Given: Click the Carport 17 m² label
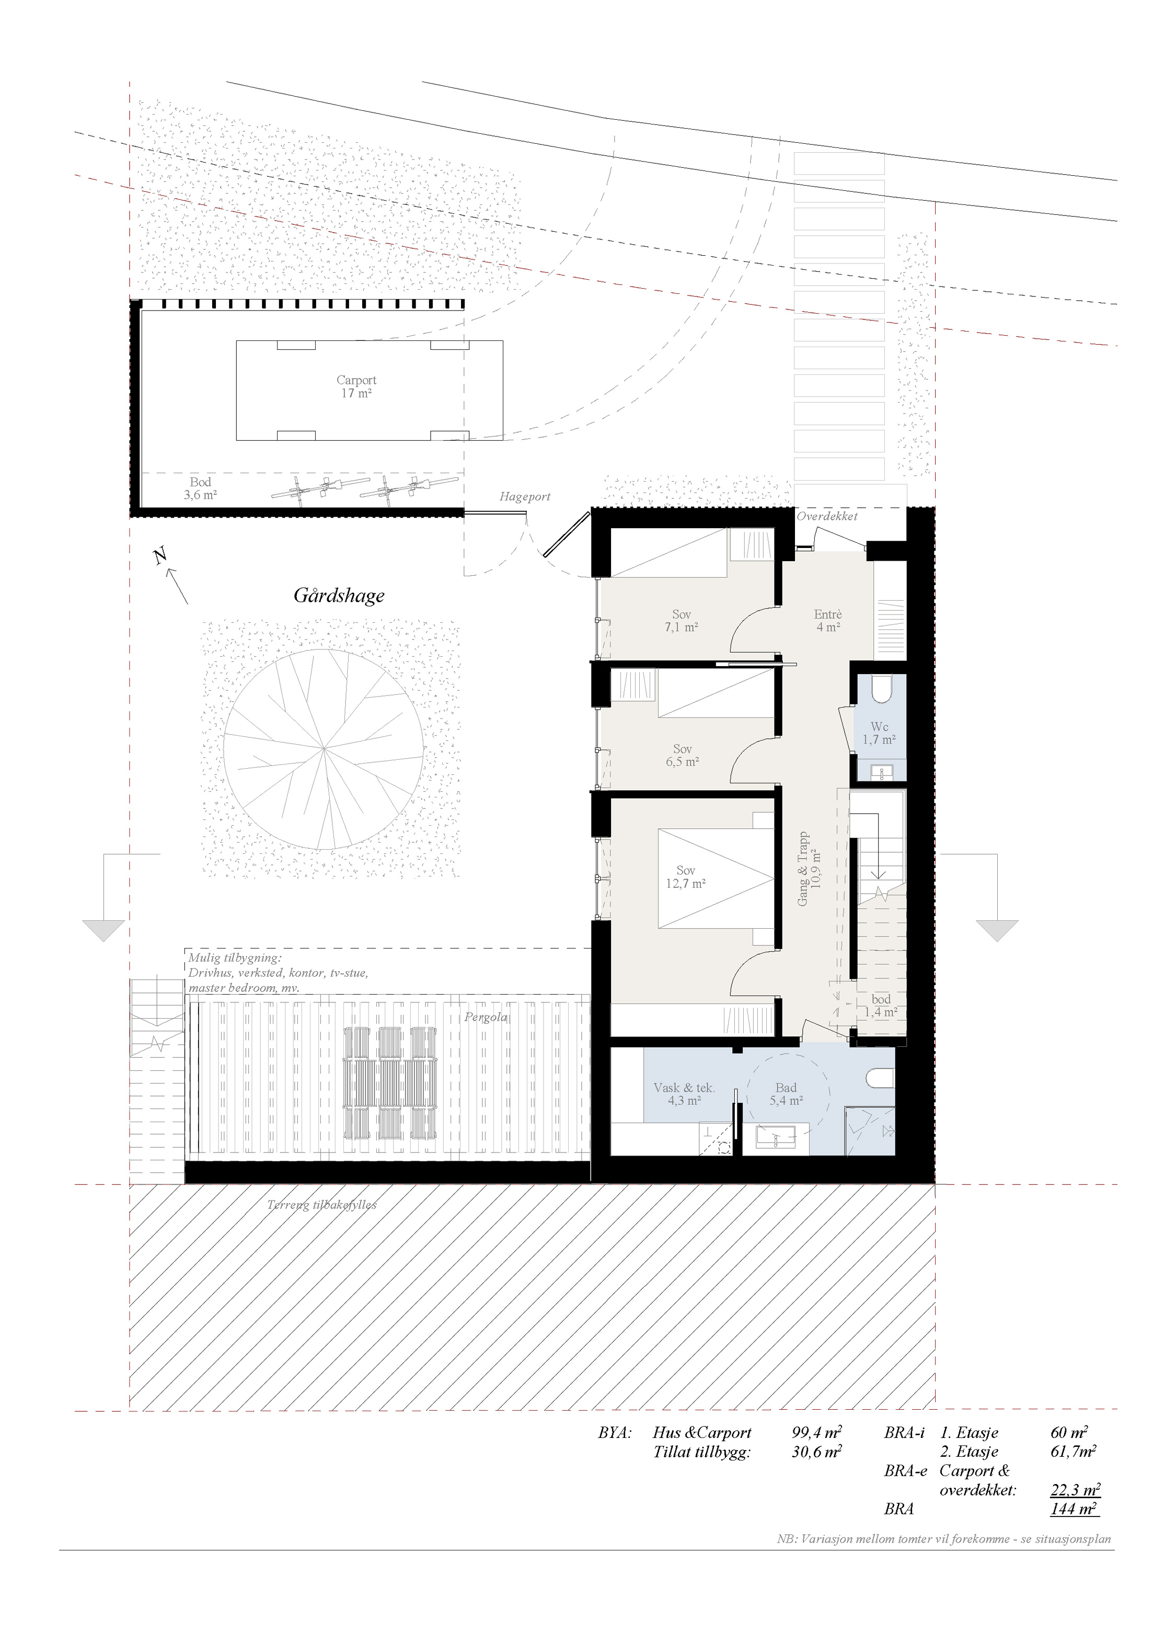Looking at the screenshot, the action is click(x=356, y=386).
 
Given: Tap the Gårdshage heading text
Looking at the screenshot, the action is click(x=339, y=596).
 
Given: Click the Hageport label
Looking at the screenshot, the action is click(x=525, y=497).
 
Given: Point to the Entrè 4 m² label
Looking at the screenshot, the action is click(x=828, y=620).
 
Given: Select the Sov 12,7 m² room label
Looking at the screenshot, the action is click(x=685, y=876).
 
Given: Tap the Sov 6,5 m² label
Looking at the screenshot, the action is click(x=683, y=756).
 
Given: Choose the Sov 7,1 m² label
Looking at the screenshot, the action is click(x=681, y=620).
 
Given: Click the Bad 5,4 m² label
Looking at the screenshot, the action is click(x=786, y=1094).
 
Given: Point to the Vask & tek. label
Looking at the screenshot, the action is click(x=684, y=1088).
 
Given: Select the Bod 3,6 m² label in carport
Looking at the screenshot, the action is click(x=201, y=488).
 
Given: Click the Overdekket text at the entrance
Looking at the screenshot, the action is click(x=827, y=516).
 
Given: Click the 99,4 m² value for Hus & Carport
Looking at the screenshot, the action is click(x=817, y=1433).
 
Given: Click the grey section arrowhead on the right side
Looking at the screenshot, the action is click(x=997, y=930).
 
